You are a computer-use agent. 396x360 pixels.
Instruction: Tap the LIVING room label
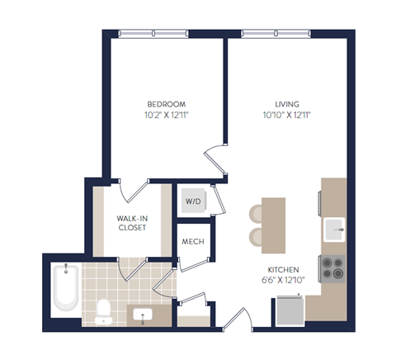(x=280, y=104)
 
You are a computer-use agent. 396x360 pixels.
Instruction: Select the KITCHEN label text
(x=282, y=270)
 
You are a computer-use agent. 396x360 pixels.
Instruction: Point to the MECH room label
(x=193, y=242)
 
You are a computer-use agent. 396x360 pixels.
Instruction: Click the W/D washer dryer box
(x=193, y=201)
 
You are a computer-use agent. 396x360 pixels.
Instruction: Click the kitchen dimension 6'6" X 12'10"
(x=282, y=281)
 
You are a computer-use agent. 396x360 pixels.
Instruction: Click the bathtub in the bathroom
(x=64, y=288)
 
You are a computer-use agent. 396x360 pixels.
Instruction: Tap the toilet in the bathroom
(x=104, y=309)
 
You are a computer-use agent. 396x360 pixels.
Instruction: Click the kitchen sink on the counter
(x=334, y=227)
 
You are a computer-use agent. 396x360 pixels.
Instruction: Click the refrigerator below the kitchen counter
(x=290, y=309)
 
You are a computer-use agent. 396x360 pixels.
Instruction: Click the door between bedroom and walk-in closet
(x=132, y=189)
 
